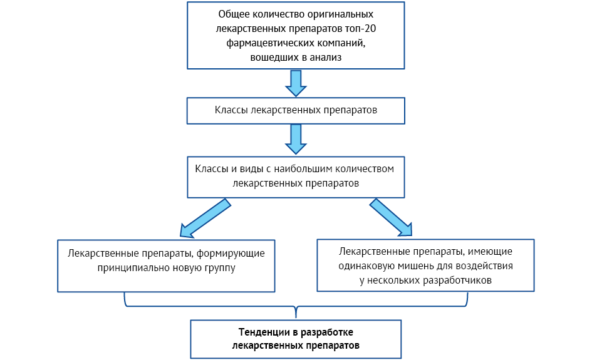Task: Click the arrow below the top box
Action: coord(296,83)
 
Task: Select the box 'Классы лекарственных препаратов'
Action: coord(296,111)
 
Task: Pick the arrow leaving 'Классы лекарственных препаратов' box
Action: coord(296,139)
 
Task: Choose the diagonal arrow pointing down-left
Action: coord(205,219)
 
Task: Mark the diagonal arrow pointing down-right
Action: coord(391,218)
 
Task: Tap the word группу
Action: coord(220,268)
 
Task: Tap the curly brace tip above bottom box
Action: coord(296,317)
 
